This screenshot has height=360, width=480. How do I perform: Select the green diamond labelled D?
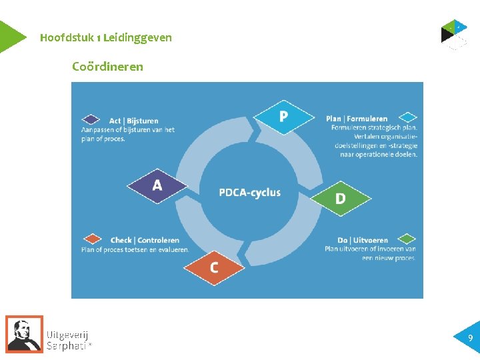[x=341, y=198]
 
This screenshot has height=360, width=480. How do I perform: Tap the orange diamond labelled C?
[x=215, y=267]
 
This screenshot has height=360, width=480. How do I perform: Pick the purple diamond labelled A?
[x=157, y=185]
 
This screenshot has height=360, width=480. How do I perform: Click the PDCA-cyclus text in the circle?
[x=249, y=193]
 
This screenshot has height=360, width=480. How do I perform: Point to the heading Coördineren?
[x=107, y=67]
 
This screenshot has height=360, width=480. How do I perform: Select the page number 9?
[x=471, y=338]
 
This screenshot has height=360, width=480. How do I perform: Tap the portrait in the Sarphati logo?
[x=25, y=333]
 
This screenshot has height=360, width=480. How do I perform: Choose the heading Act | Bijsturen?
[x=134, y=121]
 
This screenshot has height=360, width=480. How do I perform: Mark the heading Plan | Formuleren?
[x=357, y=119]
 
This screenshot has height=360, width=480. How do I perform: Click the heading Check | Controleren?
[x=145, y=240]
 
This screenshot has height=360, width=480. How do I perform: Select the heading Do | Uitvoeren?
[x=363, y=240]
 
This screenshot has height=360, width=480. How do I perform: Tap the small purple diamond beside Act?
[x=90, y=120]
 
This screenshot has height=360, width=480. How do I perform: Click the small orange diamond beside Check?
[x=92, y=239]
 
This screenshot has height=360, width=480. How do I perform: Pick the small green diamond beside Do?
[x=407, y=239]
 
